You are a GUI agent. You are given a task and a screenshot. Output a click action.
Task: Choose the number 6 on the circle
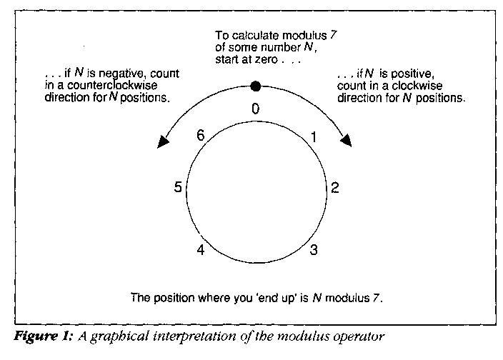point(201,134)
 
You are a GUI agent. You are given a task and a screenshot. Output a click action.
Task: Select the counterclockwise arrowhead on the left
point(161,142)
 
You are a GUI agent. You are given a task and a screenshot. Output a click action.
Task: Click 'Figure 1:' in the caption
point(36,334)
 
